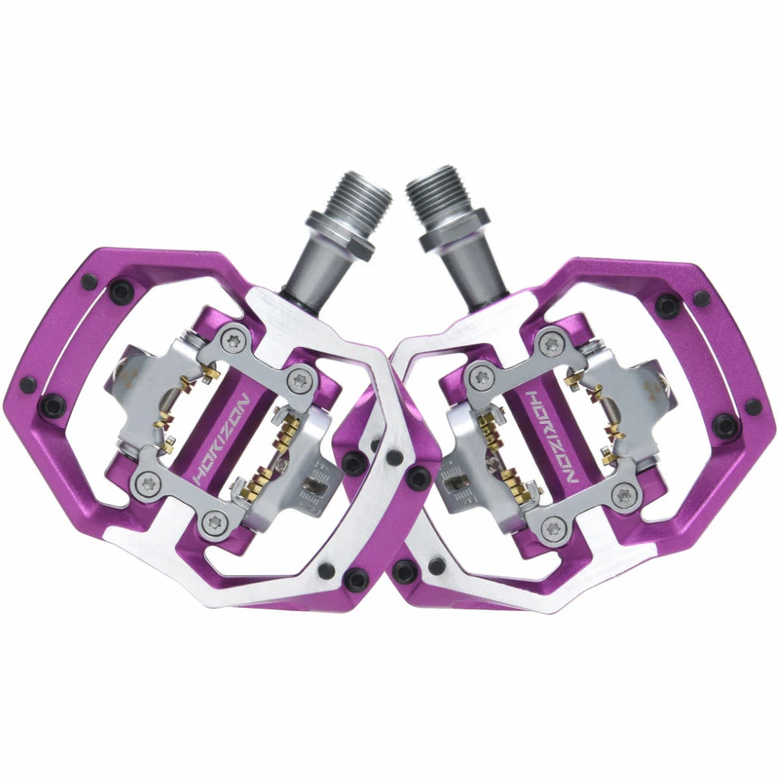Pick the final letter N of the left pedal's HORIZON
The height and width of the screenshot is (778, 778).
pyautogui.click(x=244, y=401)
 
